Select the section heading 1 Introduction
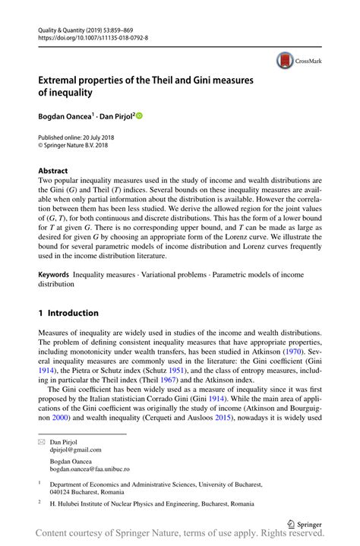pos(68,313)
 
